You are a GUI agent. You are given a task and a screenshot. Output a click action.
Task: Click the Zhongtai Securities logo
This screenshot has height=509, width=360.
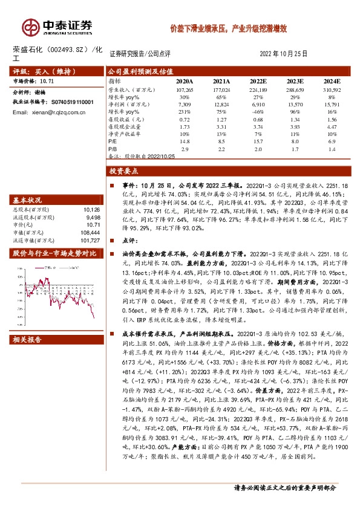click(x=58, y=26)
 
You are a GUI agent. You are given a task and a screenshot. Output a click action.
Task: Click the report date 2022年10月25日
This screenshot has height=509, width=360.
click(x=284, y=54)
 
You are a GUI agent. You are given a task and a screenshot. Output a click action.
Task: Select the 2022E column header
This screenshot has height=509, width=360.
click(x=258, y=80)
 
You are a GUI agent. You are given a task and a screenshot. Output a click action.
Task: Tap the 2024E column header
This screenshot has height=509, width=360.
click(x=332, y=80)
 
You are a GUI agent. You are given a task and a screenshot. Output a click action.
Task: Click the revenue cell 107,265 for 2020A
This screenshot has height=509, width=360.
click(x=185, y=89)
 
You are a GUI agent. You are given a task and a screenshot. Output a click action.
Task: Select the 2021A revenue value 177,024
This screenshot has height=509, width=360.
click(x=221, y=89)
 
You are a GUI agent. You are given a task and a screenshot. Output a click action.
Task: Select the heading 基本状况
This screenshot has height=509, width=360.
click(x=28, y=200)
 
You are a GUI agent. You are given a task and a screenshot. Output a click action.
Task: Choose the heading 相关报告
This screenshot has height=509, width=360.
click(x=28, y=339)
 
